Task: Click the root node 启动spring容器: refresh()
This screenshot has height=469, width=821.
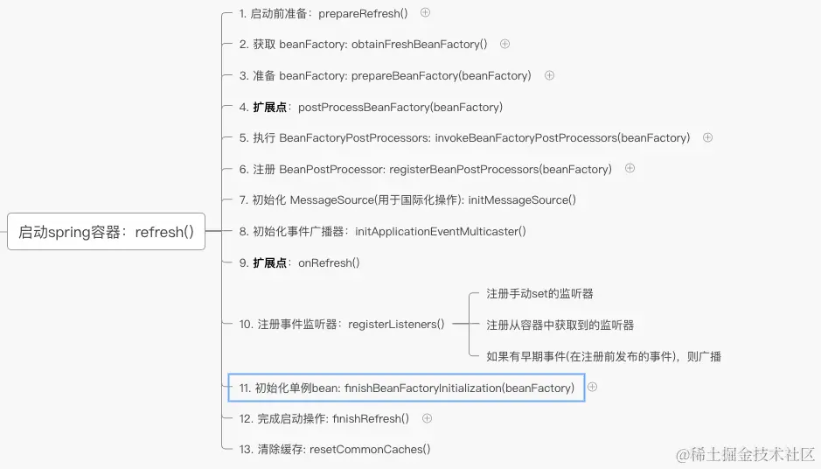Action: [106, 232]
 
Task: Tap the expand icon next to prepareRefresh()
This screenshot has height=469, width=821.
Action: [426, 12]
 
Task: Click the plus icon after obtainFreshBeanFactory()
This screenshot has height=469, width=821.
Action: [504, 44]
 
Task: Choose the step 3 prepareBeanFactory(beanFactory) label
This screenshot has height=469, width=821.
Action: [385, 76]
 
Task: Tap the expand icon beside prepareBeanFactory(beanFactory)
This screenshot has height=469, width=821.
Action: [549, 75]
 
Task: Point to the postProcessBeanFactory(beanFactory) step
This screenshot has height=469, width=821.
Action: [371, 107]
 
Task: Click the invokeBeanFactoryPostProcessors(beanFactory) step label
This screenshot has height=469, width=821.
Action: [464, 138]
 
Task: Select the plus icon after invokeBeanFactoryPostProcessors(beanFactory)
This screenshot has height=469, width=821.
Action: [708, 137]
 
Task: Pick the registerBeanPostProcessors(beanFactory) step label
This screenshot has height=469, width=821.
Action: [425, 169]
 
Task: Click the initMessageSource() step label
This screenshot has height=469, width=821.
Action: [407, 200]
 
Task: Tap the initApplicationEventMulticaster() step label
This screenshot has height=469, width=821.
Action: [382, 232]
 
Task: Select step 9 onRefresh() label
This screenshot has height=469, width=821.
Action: [299, 262]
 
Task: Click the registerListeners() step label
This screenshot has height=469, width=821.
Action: [342, 325]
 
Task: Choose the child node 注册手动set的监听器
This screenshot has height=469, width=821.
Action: [539, 294]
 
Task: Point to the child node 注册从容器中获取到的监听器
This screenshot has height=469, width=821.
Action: [560, 325]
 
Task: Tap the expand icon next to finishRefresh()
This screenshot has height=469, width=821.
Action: [427, 418]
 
